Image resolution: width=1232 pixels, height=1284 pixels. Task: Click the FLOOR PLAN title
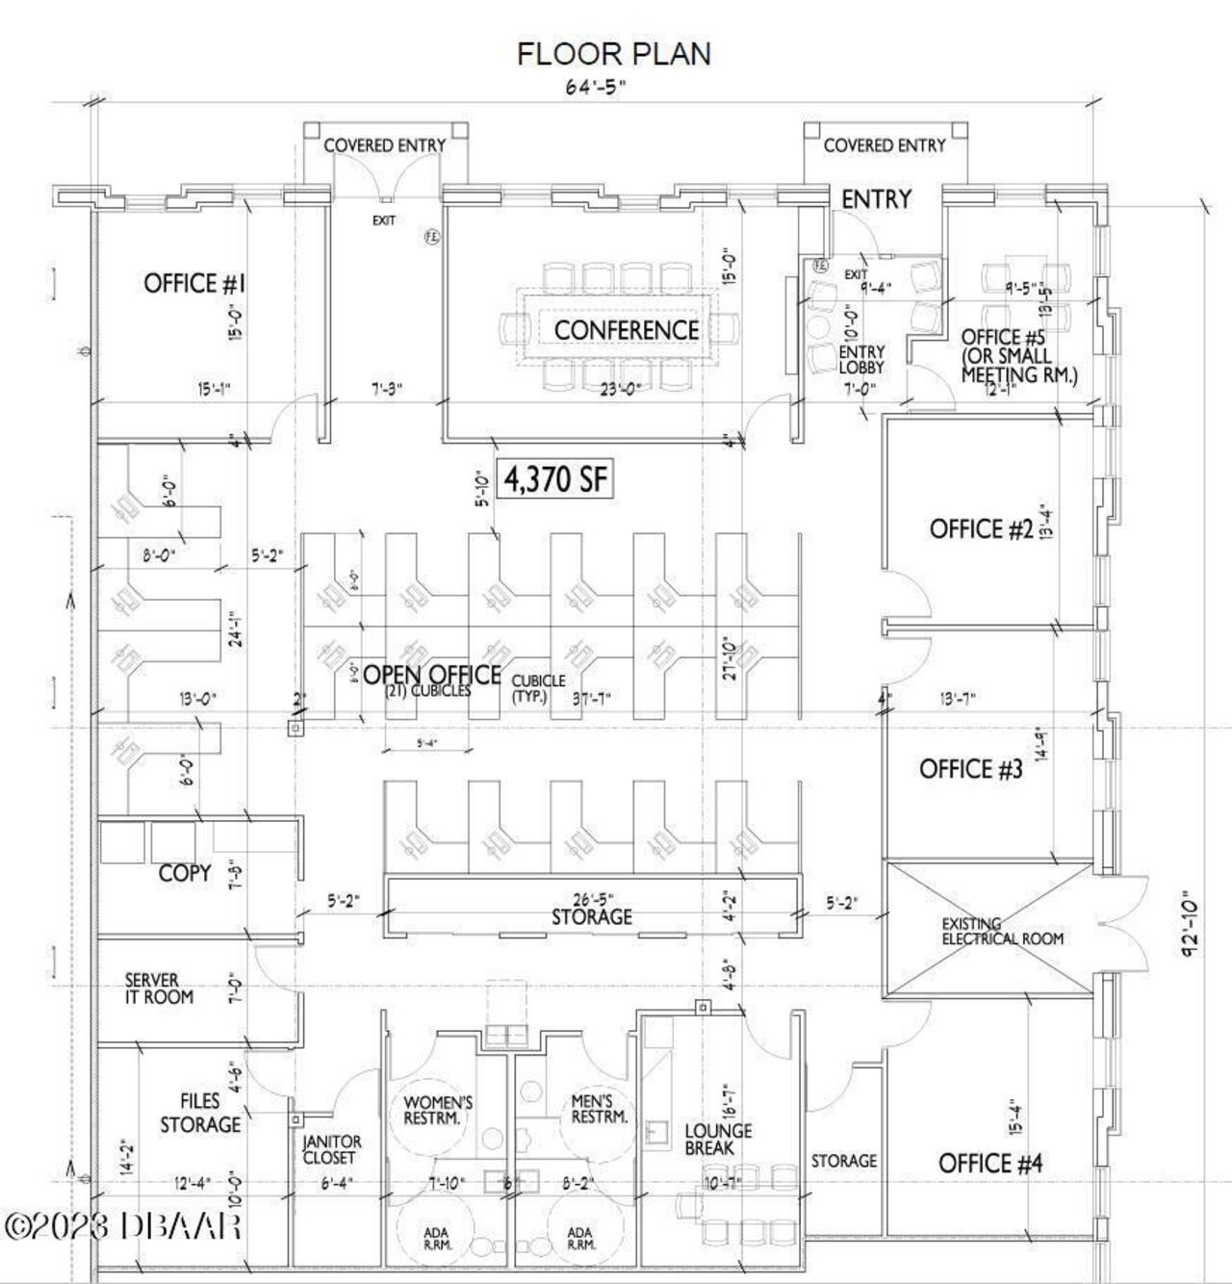[x=614, y=54]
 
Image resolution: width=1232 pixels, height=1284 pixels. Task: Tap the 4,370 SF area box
[x=555, y=479]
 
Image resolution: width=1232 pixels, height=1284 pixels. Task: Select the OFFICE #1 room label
[x=194, y=283]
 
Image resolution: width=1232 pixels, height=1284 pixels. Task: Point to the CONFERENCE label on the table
[x=627, y=330]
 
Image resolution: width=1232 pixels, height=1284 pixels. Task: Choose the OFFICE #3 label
[x=970, y=769]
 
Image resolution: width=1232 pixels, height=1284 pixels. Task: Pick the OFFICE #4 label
[x=990, y=1164]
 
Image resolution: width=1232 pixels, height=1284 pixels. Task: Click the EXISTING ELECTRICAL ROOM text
[x=1002, y=931]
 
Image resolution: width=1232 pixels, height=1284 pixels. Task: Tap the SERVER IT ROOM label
[x=159, y=989]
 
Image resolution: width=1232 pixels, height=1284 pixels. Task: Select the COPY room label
[x=184, y=873]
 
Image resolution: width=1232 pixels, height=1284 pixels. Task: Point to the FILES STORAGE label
[x=200, y=1113]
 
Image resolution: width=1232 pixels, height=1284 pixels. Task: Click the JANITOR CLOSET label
[x=332, y=1149]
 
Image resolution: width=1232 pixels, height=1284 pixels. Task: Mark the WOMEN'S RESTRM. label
[x=438, y=1110]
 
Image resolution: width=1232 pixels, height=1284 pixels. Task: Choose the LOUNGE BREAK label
[x=718, y=1140]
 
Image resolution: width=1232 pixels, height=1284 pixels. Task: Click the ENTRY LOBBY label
[x=860, y=359]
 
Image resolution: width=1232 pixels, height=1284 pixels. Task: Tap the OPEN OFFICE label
[x=431, y=675]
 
